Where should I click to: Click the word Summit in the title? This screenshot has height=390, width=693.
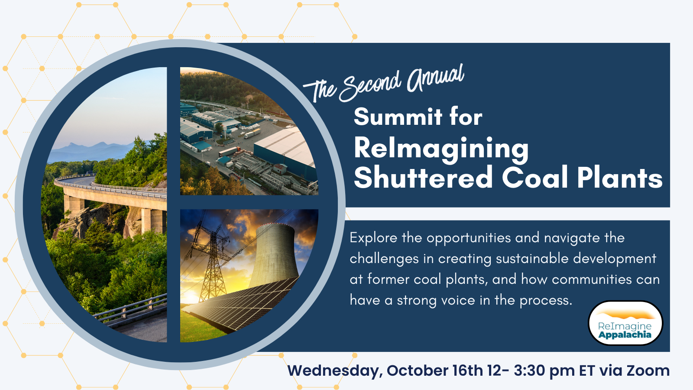(x=398, y=117)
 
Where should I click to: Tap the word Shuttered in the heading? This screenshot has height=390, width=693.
(x=423, y=178)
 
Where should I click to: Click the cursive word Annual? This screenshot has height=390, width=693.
(x=435, y=78)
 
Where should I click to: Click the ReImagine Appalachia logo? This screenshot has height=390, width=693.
(x=625, y=323)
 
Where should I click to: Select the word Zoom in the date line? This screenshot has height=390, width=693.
(x=648, y=371)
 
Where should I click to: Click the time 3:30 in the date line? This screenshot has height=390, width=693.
(x=529, y=371)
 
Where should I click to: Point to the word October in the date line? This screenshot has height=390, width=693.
(x=411, y=371)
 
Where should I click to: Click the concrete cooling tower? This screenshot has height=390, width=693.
(x=275, y=256)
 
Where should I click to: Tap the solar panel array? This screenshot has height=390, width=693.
(x=243, y=303)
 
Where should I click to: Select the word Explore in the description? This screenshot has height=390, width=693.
(x=373, y=238)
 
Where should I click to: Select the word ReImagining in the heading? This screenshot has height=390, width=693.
(x=441, y=149)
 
